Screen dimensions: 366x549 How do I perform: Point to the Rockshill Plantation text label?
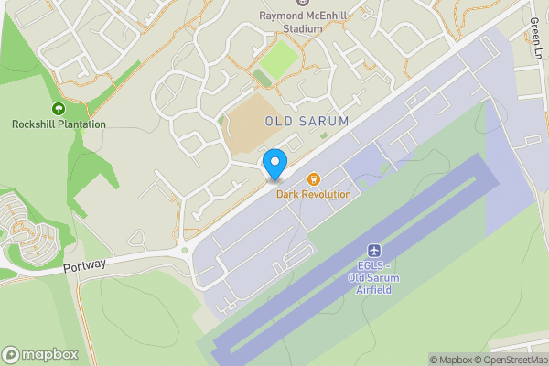pyautogui.click(x=59, y=124)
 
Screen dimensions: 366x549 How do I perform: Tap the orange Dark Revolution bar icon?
pyautogui.click(x=314, y=179)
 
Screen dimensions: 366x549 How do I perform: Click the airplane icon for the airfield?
pyautogui.click(x=373, y=251)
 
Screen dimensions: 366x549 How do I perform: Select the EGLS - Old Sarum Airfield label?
pyautogui.click(x=373, y=278)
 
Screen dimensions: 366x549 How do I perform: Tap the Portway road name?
pyautogui.click(x=85, y=264)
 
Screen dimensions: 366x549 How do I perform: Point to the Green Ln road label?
pyautogui.click(x=535, y=37)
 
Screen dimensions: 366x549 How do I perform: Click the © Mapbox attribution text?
pyautogui.click(x=449, y=360)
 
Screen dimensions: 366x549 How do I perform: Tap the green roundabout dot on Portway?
pyautogui.click(x=184, y=249)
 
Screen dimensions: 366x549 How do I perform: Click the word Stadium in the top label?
pyautogui.click(x=304, y=28)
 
